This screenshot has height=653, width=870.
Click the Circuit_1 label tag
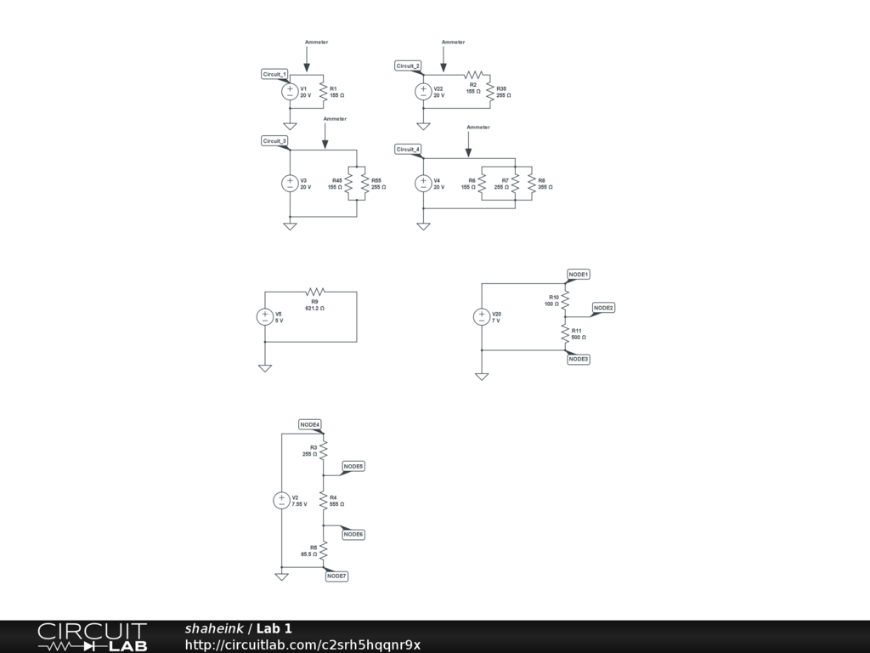pos(274,75)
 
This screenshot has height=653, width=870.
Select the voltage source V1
pos(290,92)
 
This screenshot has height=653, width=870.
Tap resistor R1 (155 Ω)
pos(323,92)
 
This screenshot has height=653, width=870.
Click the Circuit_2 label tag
pos(408,66)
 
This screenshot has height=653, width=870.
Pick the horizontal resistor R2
pos(473,75)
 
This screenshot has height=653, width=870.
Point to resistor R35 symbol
pos(489,92)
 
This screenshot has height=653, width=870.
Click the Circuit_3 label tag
pos(274,141)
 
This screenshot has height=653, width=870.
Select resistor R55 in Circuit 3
pos(364,184)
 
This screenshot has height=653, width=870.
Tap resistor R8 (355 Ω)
pos(531,184)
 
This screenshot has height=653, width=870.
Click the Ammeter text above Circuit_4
pos(478,128)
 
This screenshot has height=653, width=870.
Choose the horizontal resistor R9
pos(314,292)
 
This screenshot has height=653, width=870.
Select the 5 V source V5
pos(265,317)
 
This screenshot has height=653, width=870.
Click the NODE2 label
pos(603,308)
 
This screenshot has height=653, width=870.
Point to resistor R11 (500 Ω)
pos(565,334)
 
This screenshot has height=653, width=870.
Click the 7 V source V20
pos(482,317)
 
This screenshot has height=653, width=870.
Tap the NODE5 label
pos(353,467)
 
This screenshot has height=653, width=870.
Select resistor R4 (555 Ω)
pos(323,501)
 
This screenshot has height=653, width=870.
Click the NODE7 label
pos(336,576)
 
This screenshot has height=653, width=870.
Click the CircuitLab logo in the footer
pos(92,637)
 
